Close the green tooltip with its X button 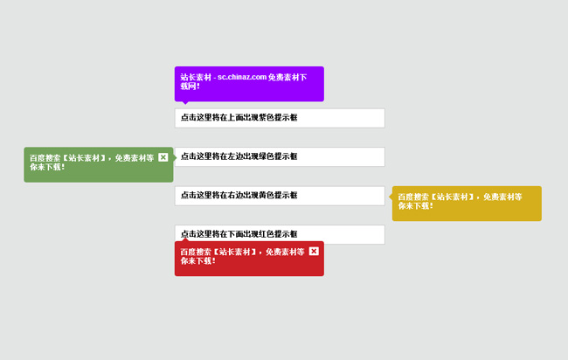tap(163, 157)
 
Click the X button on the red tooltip tap(314, 252)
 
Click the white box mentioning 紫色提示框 tap(280, 118)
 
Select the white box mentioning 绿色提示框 tap(280, 156)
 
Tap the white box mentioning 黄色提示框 tap(280, 196)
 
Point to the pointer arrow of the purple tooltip tap(184, 104)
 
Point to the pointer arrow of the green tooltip tap(175, 157)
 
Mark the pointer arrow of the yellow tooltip tap(390, 197)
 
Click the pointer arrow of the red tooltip tap(184, 239)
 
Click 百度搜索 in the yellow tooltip tap(412, 197)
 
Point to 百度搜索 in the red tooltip tap(195, 252)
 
